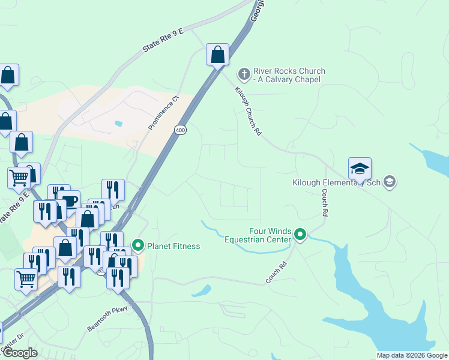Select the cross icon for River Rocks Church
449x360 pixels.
tap(244, 74)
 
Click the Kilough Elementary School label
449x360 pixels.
tap(336, 182)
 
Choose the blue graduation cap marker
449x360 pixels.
tap(360, 169)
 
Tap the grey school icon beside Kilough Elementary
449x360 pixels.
tap(390, 181)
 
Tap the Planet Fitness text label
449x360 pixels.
tap(173, 246)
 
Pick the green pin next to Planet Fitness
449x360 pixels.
tap(138, 245)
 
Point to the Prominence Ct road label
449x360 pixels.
tap(164, 113)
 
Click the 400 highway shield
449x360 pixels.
tap(181, 130)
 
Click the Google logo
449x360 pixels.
tap(20, 353)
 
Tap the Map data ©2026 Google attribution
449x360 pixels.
tap(412, 355)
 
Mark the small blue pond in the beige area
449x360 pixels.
tap(118, 124)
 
